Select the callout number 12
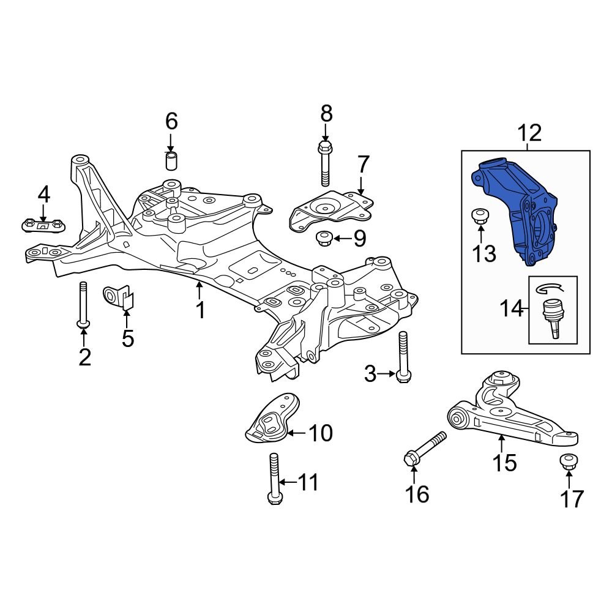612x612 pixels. [x=530, y=132]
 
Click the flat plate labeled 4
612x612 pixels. [x=43, y=225]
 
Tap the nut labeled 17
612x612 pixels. [x=569, y=461]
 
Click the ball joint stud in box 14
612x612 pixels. [x=553, y=315]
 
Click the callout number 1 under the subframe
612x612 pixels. [x=200, y=310]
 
